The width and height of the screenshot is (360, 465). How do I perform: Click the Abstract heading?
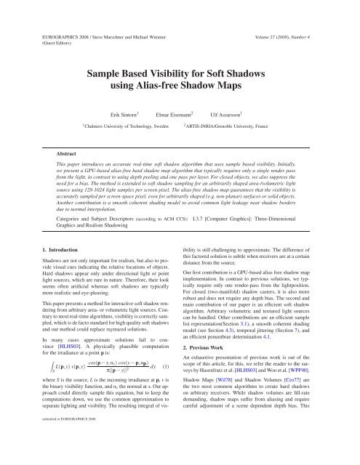[71, 154]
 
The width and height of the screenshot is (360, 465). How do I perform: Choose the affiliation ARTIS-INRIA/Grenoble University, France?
[240, 129]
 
